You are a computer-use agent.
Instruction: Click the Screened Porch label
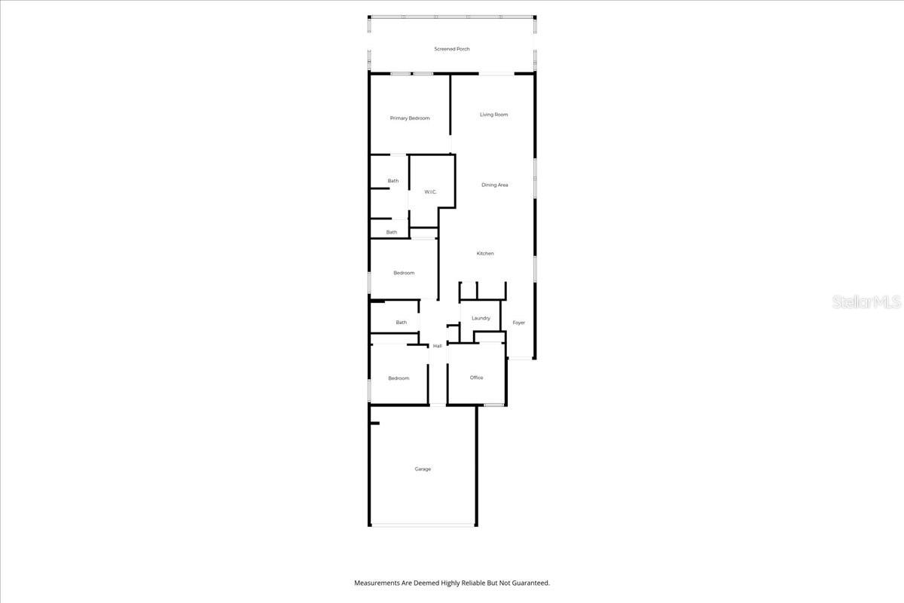(452, 49)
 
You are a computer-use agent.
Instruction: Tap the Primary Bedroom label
(410, 118)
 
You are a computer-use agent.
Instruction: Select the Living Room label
(494, 115)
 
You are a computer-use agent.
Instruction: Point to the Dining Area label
(495, 185)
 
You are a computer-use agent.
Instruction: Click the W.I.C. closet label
(430, 192)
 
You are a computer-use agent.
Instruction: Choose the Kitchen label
(485, 253)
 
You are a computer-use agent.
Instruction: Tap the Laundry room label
(481, 318)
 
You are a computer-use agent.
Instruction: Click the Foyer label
(518, 323)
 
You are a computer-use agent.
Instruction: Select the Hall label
(437, 346)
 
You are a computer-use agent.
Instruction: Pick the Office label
(476, 378)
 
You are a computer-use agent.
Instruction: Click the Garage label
(423, 469)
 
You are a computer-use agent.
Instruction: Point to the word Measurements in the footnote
(378, 583)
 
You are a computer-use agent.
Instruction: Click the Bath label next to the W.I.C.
(393, 181)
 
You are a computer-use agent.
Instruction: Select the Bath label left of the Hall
(401, 323)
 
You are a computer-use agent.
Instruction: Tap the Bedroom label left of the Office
(399, 378)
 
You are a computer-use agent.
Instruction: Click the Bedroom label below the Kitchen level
(404, 273)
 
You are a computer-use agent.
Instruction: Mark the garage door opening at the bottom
(423, 525)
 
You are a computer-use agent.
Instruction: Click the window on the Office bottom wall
(494, 406)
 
